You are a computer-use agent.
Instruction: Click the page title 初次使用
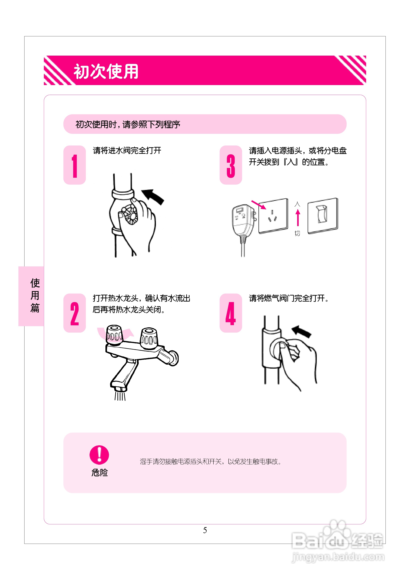pyautogui.click(x=106, y=71)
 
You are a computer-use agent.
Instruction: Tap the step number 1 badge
pyautogui.click(x=75, y=165)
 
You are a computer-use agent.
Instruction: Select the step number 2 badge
pyautogui.click(x=75, y=313)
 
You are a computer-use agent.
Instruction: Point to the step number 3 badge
pyautogui.click(x=231, y=165)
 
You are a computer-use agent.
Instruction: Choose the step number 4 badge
pyautogui.click(x=231, y=313)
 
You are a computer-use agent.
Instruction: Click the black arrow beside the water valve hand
pyautogui.click(x=153, y=197)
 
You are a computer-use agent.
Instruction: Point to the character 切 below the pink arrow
pyautogui.click(x=297, y=233)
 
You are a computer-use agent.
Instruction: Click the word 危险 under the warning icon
pyautogui.click(x=100, y=472)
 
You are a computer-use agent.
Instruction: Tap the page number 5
pyautogui.click(x=205, y=530)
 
